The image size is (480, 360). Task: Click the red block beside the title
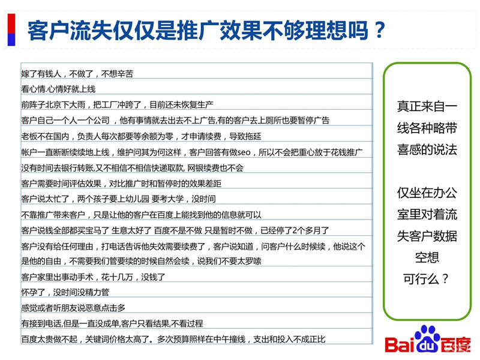[x=11, y=23]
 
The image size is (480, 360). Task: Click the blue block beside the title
[x=11, y=40]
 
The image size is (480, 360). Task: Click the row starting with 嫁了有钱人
[x=77, y=74]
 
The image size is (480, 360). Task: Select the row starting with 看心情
[x=58, y=89]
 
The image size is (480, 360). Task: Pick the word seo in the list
[x=244, y=152]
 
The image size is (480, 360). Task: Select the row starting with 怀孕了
[x=65, y=292]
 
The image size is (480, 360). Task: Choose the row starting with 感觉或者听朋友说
[x=73, y=308]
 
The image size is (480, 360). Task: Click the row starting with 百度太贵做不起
[x=173, y=339]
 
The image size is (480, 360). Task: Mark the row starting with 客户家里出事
[x=93, y=277]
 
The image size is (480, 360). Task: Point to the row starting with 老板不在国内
[x=141, y=136]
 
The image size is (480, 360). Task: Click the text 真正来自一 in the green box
[x=427, y=106]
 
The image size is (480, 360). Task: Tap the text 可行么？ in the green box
[x=426, y=279]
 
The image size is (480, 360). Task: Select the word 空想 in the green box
[x=427, y=257]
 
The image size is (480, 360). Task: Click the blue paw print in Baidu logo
[x=427, y=338]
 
